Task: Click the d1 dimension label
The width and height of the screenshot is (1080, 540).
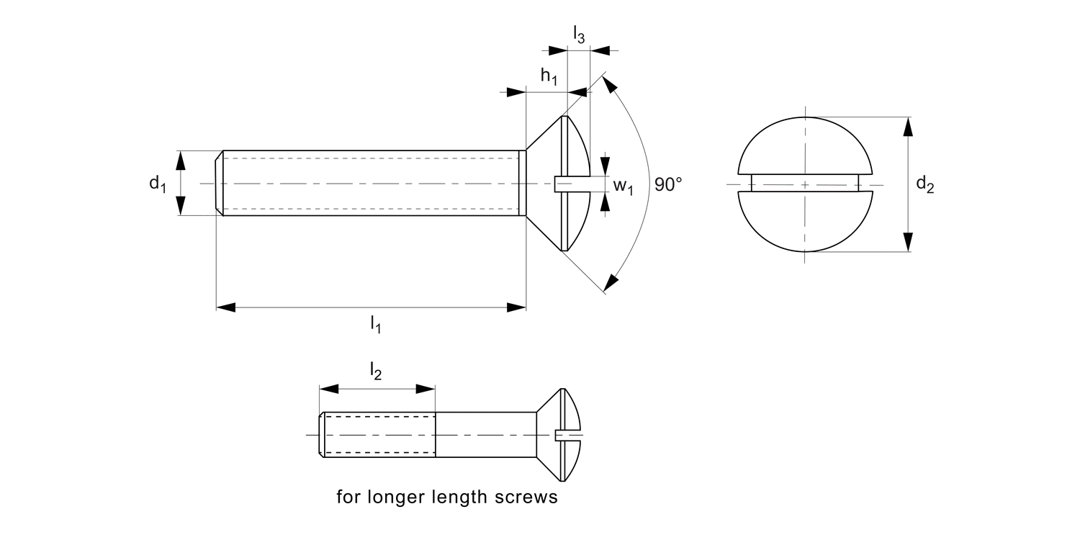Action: (158, 184)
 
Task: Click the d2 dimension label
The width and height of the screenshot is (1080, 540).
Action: (925, 185)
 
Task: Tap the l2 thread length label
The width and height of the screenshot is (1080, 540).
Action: (375, 371)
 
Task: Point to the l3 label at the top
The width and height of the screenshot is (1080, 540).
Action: (579, 34)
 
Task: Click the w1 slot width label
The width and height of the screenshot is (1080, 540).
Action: (623, 186)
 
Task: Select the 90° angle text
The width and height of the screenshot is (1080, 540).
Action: (668, 184)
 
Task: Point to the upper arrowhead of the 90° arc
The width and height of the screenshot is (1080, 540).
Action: (609, 86)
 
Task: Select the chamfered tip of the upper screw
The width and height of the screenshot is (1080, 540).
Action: (220, 184)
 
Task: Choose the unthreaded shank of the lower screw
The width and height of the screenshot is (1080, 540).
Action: (486, 435)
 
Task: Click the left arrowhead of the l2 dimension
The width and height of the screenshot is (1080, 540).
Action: (328, 389)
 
